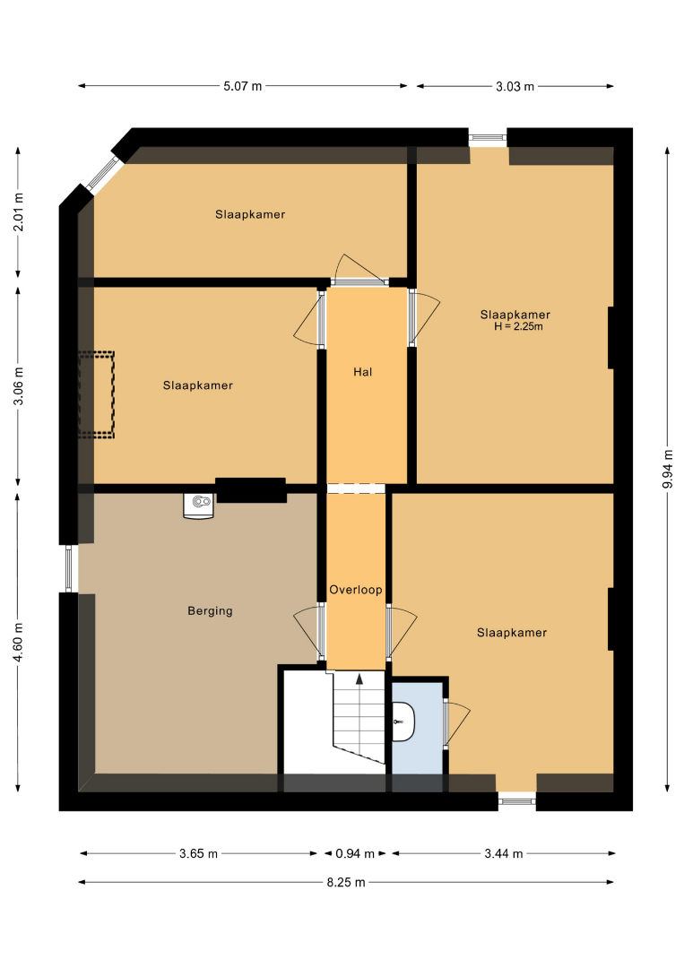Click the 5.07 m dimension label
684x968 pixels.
pyautogui.click(x=243, y=86)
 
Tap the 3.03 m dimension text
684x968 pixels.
pyautogui.click(x=515, y=86)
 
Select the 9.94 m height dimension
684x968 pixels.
pyautogui.click(x=667, y=469)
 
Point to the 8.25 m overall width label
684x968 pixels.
pyautogui.click(x=346, y=882)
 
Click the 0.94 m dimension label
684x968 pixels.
pyautogui.click(x=355, y=854)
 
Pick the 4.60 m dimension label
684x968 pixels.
pyautogui.click(x=18, y=642)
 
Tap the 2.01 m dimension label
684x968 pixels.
pyautogui.click(x=18, y=212)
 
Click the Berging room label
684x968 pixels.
pyautogui.click(x=210, y=611)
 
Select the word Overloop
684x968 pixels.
pyautogui.click(x=356, y=590)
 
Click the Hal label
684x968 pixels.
pyautogui.click(x=362, y=372)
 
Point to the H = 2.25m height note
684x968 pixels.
pyautogui.click(x=518, y=326)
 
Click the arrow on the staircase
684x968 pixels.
pyautogui.click(x=359, y=679)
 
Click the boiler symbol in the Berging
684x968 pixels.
pyautogui.click(x=199, y=506)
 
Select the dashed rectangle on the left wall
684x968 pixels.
pyautogui.click(x=96, y=395)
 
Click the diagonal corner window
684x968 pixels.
pyautogui.click(x=102, y=173)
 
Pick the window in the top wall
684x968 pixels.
pyautogui.click(x=488, y=138)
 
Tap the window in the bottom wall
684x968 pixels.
pyautogui.click(x=516, y=801)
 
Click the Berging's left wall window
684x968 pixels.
pyautogui.click(x=68, y=568)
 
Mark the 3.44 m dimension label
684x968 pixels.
pyautogui.click(x=503, y=854)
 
